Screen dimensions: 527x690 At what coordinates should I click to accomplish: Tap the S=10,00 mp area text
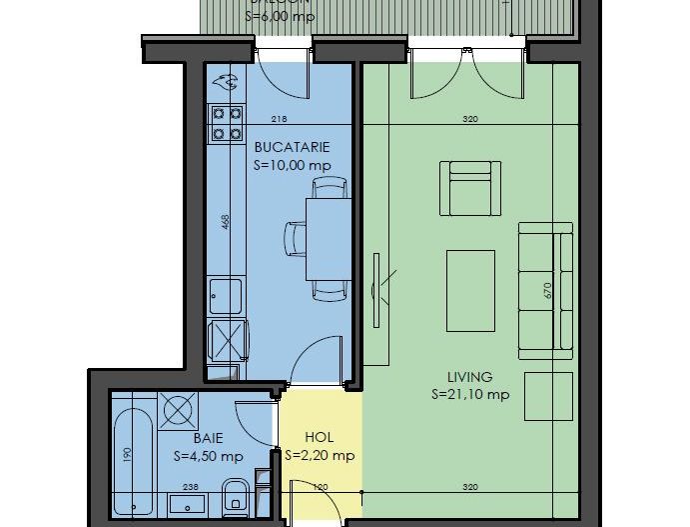click(293, 165)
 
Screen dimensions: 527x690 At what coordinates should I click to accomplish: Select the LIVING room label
click(469, 377)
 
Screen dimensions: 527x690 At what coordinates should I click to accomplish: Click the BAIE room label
click(208, 438)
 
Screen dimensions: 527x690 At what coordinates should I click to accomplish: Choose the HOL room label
click(319, 437)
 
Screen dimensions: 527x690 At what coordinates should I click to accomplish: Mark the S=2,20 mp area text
click(320, 456)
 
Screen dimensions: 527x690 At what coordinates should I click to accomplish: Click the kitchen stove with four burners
click(226, 123)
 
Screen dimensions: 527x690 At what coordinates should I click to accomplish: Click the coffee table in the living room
click(471, 290)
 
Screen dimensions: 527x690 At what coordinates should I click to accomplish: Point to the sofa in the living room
click(547, 289)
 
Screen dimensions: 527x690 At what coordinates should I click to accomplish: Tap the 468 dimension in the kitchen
click(227, 222)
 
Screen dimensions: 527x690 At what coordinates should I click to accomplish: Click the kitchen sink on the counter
click(227, 296)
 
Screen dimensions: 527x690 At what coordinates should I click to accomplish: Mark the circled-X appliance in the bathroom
click(180, 409)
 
